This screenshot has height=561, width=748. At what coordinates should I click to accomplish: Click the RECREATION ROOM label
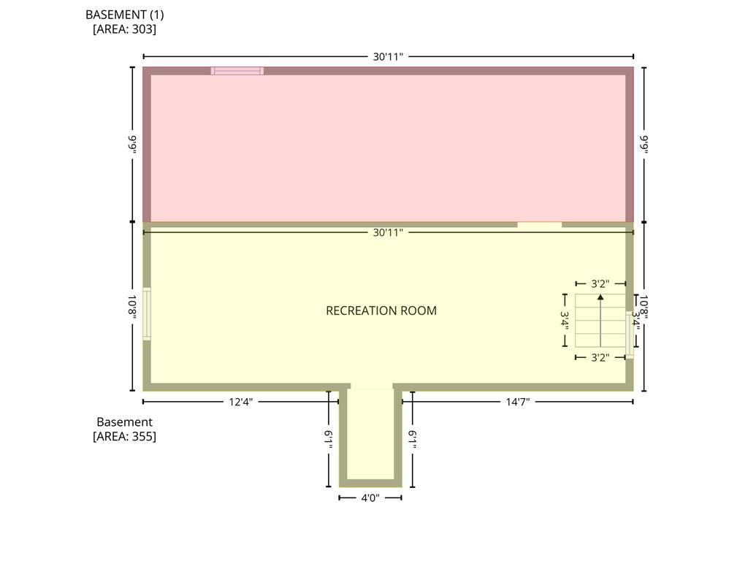point(381,310)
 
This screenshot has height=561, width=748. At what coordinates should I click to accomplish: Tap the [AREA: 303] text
point(124,29)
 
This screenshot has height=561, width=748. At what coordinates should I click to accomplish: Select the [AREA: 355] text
point(124,437)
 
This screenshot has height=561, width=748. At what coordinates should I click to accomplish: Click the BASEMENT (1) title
point(124,15)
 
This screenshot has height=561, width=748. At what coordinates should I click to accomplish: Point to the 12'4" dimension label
point(241,402)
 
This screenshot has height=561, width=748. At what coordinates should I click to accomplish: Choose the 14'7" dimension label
point(518,402)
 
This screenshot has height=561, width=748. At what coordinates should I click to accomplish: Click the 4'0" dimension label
point(370,498)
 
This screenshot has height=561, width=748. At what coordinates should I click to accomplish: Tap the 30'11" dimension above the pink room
point(388,57)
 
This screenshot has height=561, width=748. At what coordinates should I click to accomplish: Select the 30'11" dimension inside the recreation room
point(388,232)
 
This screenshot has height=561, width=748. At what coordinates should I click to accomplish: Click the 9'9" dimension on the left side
point(132,144)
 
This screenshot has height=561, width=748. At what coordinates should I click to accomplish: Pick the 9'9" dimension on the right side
point(644,144)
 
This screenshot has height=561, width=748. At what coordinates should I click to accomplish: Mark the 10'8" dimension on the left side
point(132,306)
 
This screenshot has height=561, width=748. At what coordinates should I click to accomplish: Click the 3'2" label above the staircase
point(600,284)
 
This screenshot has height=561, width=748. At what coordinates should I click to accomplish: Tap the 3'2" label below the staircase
point(600,357)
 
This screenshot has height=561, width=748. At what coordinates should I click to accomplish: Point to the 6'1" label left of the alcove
point(329,439)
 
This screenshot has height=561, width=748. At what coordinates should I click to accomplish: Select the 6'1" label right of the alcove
point(413,439)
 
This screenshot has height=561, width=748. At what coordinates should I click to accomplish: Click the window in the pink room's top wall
point(237,71)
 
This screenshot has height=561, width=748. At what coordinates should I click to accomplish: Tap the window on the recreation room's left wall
point(147,314)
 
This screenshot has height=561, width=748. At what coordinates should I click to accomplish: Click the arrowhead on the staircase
point(600,297)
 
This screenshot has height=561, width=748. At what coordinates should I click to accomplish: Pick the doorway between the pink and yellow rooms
point(540,225)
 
